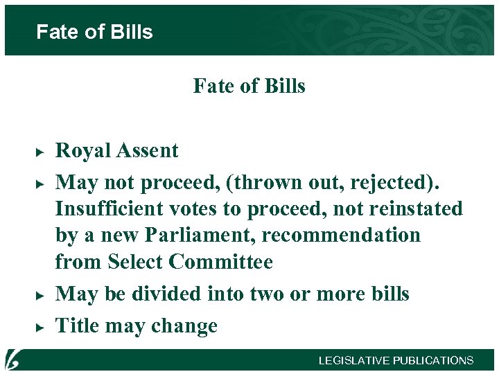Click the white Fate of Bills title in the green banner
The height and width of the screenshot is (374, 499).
click(94, 32)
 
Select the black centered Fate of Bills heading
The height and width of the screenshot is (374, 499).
click(249, 86)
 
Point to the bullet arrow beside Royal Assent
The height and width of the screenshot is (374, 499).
click(40, 151)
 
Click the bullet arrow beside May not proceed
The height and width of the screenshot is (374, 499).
click(40, 183)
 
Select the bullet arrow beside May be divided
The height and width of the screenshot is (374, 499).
click(40, 294)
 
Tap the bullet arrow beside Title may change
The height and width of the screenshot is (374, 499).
click(40, 326)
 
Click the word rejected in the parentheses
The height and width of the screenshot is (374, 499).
click(403, 183)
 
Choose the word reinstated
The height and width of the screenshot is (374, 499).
click(409, 209)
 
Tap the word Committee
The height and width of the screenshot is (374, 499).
click(221, 262)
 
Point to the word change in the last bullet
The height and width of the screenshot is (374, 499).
click(186, 326)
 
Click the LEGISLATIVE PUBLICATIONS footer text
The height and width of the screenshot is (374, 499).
click(396, 360)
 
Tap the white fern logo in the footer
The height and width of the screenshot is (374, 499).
click(13, 360)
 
